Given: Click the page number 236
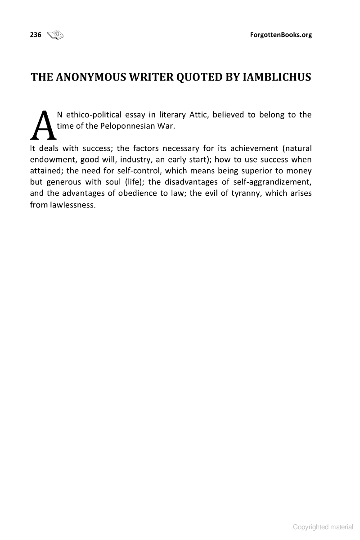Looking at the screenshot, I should pos(36,35).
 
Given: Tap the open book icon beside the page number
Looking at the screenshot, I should pos(56,34).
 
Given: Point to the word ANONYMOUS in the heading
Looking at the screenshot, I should pos(90,77).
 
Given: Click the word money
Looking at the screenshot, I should pos(299,171).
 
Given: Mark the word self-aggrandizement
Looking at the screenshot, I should pos(273,182).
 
